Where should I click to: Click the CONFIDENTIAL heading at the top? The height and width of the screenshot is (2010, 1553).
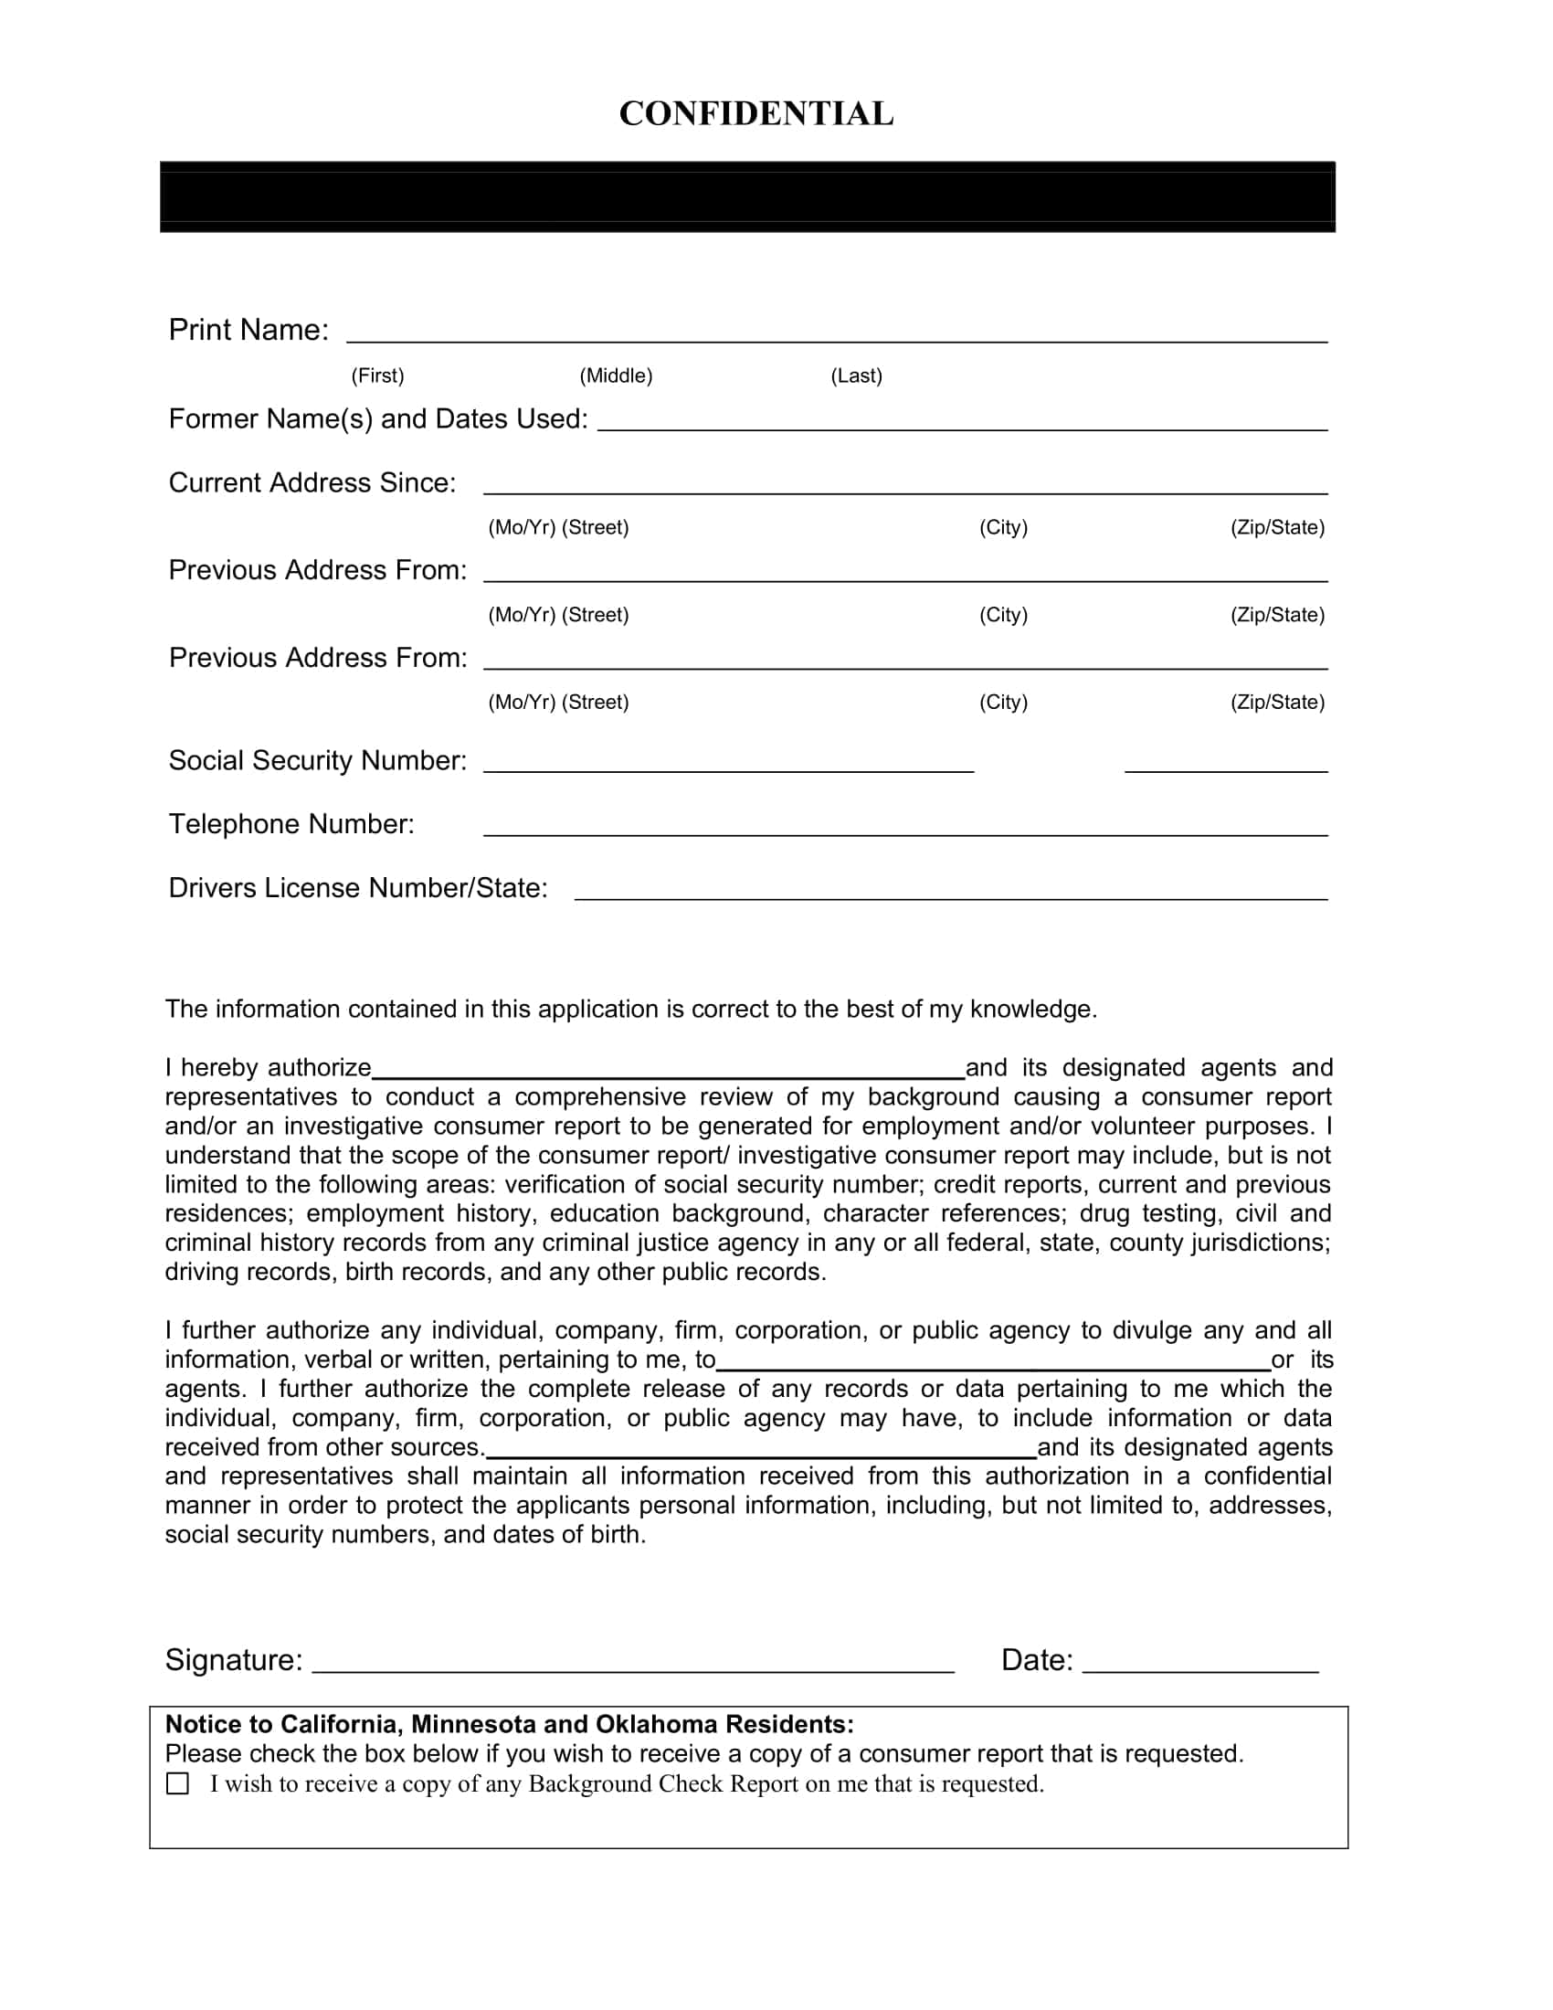pyautogui.click(x=756, y=114)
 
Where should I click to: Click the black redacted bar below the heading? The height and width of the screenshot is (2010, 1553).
pyautogui.click(x=747, y=197)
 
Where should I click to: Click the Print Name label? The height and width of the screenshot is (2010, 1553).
pyautogui.click(x=248, y=330)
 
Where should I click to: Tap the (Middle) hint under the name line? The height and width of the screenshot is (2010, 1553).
pyautogui.click(x=616, y=376)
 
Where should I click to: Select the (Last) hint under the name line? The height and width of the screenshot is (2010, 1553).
pyautogui.click(x=856, y=376)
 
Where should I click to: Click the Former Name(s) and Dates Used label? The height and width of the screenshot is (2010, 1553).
pyautogui.click(x=378, y=418)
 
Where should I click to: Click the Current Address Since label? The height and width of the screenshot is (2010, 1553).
pyautogui.click(x=312, y=483)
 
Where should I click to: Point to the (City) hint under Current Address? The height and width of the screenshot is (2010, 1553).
pyautogui.click(x=1003, y=527)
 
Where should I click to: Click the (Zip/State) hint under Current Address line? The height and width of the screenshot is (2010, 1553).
pyautogui.click(x=1277, y=527)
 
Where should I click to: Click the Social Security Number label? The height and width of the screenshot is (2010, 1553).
pyautogui.click(x=317, y=760)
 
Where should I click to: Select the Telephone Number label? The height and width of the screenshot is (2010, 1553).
pyautogui.click(x=291, y=824)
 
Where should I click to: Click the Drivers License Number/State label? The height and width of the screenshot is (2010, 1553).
pyautogui.click(x=358, y=888)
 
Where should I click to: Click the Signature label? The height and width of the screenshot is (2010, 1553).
pyautogui.click(x=234, y=1659)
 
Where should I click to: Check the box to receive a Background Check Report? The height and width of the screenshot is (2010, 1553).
pyautogui.click(x=177, y=1783)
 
